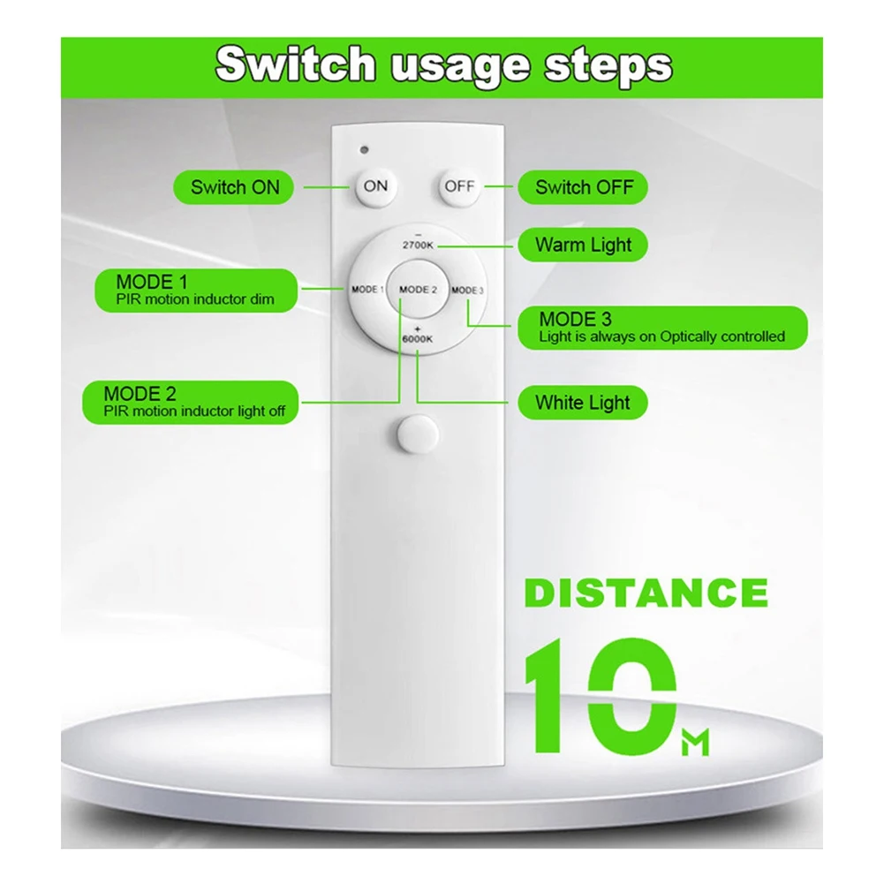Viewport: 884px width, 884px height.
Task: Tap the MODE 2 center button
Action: (418, 289)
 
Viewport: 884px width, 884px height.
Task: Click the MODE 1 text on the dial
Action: (367, 289)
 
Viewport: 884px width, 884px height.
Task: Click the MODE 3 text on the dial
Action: (467, 290)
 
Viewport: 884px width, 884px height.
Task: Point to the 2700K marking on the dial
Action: (418, 246)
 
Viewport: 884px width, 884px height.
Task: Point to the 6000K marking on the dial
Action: (417, 339)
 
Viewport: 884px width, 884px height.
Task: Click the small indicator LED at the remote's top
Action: (364, 149)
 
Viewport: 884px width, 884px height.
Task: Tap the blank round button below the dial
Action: (418, 434)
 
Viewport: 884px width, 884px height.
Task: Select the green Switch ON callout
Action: (233, 187)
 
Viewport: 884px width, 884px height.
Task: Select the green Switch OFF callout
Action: (583, 187)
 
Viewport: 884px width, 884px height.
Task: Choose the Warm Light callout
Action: (583, 245)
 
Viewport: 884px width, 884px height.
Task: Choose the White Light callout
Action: (583, 403)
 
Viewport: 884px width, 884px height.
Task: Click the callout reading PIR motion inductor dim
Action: (196, 291)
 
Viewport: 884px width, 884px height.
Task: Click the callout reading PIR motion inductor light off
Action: (191, 402)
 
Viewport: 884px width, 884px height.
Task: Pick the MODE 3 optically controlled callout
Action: (662, 328)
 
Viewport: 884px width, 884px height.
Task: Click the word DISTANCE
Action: (646, 593)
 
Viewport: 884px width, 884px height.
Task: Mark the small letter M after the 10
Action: (694, 743)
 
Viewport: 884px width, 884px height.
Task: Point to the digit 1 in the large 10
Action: (544, 696)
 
